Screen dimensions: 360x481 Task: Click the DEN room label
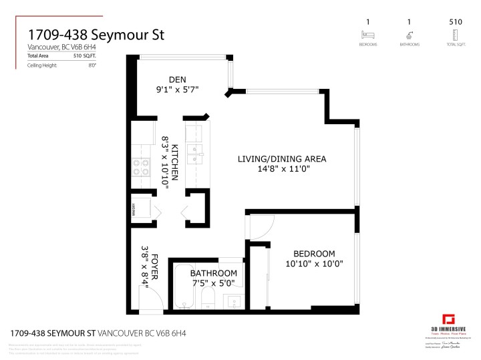[x=177, y=79]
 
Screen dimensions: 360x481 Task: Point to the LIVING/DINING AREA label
[x=282, y=159]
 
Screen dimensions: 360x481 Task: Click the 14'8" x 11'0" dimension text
[x=282, y=169]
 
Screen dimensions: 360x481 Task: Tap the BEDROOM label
[x=314, y=254]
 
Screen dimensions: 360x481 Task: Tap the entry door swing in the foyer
[x=148, y=294]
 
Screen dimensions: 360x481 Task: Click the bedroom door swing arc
[x=259, y=228]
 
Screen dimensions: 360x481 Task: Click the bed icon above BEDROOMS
[x=367, y=35]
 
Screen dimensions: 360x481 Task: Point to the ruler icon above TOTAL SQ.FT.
[x=456, y=35]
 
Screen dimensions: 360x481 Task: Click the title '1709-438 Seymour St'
[x=96, y=34]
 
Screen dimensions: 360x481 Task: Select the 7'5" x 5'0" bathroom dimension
[x=213, y=283]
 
